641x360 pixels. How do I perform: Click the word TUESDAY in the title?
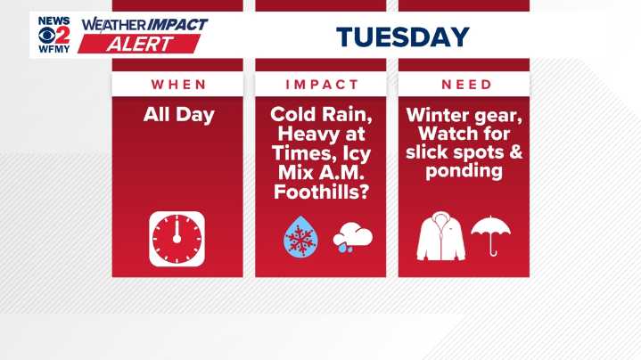[402, 37]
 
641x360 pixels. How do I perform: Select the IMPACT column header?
[321, 85]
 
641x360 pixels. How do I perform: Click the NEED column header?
[464, 85]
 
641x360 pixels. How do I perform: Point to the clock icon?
[177, 237]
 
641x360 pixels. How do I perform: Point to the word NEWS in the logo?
[53, 20]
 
